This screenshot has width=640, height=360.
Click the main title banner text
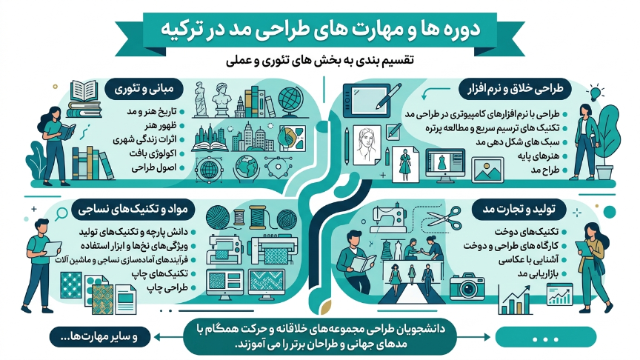320,30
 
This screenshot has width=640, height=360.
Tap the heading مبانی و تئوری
144,89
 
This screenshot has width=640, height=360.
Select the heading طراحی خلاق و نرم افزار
516,89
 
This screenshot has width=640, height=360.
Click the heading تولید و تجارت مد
519,210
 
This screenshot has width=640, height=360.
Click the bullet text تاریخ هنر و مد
151,111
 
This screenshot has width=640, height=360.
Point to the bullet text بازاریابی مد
538,273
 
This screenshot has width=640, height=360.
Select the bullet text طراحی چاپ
167,287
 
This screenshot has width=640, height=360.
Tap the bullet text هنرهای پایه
539,156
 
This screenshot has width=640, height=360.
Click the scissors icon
445,219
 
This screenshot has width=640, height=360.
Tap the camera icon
467,287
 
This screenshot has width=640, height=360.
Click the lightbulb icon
596,93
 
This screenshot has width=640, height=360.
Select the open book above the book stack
84,90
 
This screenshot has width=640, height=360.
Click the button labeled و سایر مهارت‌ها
100,337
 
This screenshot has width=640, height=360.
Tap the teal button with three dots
545,338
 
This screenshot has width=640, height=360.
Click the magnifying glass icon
61,214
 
